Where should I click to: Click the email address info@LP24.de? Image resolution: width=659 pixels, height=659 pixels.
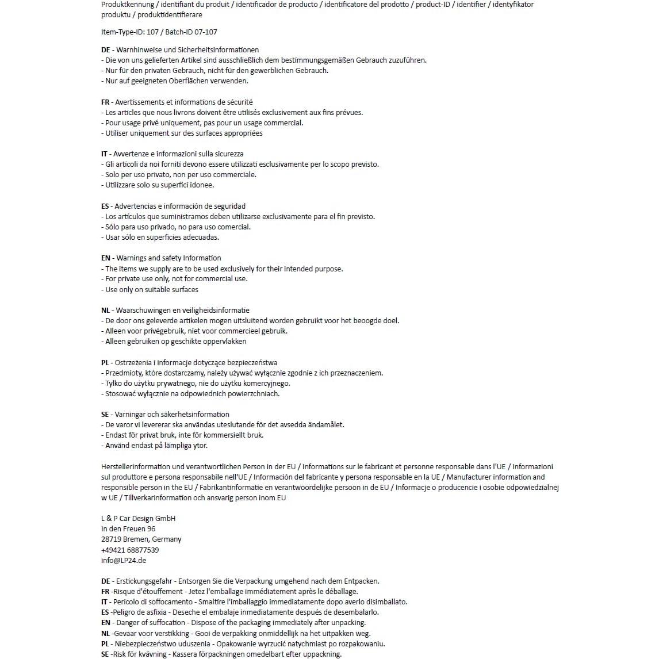(123, 561)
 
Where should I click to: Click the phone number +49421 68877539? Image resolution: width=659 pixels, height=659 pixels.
(129, 550)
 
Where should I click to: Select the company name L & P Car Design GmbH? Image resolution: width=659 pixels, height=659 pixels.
(138, 519)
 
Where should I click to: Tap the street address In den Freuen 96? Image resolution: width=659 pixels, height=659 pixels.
(128, 529)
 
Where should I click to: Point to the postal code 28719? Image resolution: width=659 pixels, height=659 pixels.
(111, 539)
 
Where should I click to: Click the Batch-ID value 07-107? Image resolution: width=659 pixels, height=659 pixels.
(206, 32)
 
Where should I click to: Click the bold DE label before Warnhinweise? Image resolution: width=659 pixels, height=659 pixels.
(105, 50)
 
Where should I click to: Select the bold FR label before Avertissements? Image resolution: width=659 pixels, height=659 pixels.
(105, 102)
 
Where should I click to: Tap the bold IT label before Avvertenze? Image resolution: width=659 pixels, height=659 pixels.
(104, 154)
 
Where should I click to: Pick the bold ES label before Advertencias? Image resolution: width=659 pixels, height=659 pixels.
(105, 206)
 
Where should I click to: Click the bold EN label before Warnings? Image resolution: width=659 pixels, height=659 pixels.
(105, 258)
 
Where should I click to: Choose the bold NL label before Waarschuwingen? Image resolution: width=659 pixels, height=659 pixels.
(105, 311)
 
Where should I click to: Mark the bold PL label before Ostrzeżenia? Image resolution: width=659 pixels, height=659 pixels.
(105, 363)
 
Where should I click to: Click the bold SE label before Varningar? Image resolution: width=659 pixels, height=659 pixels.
(105, 415)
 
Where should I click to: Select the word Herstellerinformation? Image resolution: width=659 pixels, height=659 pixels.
(136, 467)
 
